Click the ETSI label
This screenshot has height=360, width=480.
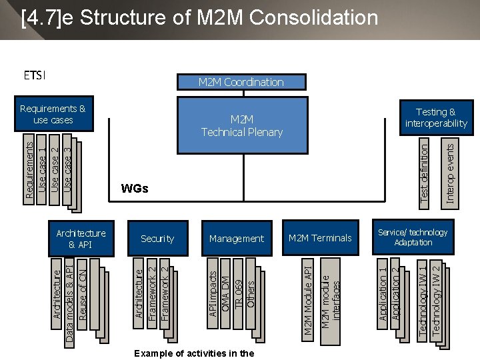click(35, 75)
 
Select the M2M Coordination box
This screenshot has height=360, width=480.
click(241, 82)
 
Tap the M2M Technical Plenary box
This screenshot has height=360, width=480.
click(241, 126)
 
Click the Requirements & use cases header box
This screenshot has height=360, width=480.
click(53, 115)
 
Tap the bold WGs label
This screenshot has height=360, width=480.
click(135, 189)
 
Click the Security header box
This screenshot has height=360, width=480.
click(157, 239)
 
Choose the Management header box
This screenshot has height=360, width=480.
click(237, 239)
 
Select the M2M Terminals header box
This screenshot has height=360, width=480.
click(320, 238)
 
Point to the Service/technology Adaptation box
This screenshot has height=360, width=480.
click(413, 237)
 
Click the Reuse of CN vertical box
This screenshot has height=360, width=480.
click(83, 293)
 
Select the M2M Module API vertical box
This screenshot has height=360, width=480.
click(308, 300)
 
